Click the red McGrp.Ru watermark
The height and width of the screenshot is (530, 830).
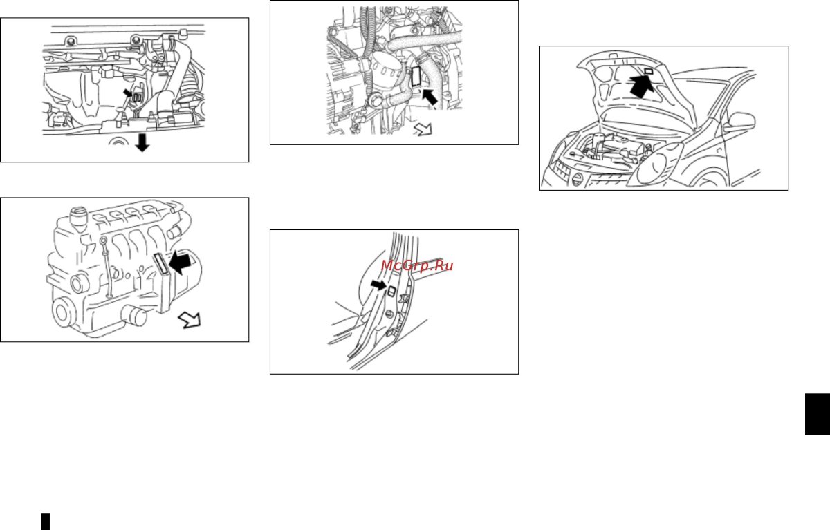[417, 265]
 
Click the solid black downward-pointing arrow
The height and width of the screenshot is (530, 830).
[142, 143]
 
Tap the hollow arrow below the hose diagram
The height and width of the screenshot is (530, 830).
[423, 129]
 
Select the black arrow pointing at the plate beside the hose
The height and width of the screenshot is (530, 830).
[430, 97]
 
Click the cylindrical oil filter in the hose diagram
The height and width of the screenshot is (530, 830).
[386, 70]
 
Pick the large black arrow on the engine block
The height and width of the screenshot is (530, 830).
[180, 263]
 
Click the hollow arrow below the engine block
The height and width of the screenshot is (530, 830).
[190, 320]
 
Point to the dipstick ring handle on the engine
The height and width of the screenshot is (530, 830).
[103, 241]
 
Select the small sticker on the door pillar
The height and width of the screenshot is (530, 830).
[391, 292]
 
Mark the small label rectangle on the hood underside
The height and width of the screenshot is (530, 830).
[649, 71]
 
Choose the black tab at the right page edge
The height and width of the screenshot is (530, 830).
[818, 414]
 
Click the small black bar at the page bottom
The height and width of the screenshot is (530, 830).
[45, 522]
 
